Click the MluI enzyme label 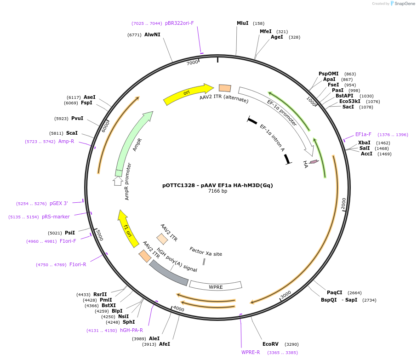(242, 23)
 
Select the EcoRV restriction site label (270, 344)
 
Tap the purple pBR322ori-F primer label (179, 23)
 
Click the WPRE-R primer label (251, 353)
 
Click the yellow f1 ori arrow (128, 229)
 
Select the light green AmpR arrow (133, 143)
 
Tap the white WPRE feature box (216, 286)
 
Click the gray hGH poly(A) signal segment (168, 273)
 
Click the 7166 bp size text (217, 191)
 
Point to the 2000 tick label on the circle (344, 204)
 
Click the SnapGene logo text (405, 4)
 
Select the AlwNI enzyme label (152, 34)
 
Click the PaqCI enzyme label (334, 292)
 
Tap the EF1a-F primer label (363, 134)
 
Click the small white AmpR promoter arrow (118, 181)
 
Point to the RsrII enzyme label (100, 294)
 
